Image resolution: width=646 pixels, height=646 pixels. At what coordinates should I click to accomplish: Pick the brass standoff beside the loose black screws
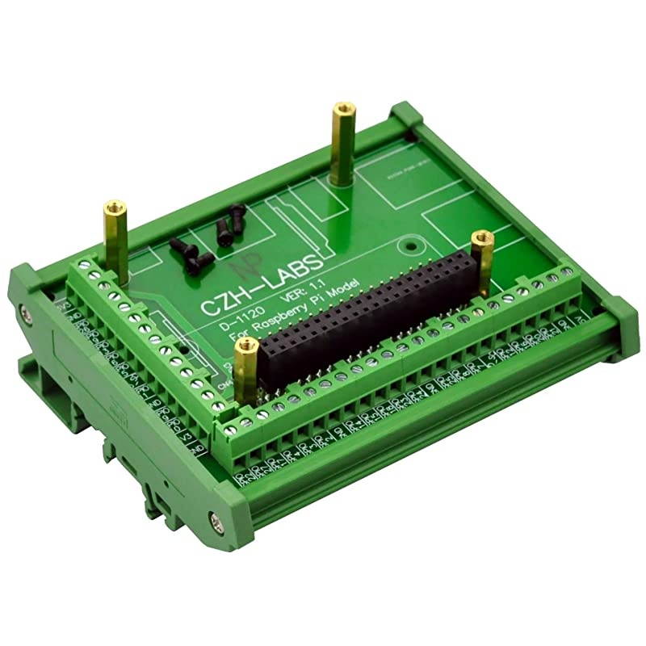click(111, 234)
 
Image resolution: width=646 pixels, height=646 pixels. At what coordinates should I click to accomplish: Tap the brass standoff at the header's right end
click(483, 262)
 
